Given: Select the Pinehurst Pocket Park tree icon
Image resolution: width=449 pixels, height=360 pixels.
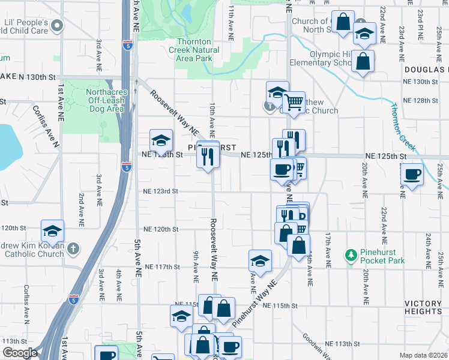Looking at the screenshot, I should (x=352, y=255).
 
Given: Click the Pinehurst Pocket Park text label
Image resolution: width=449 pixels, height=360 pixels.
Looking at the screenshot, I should (x=382, y=256).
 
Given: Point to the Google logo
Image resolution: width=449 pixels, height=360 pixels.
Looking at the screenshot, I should (x=20, y=353).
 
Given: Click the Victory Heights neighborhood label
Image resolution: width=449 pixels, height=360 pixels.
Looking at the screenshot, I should (x=423, y=307).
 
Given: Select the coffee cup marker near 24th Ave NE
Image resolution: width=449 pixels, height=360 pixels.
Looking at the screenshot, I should (x=412, y=175).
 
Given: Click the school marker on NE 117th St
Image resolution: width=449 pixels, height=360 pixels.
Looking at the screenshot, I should (x=260, y=261).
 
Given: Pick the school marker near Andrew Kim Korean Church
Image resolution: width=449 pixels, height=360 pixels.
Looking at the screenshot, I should (x=52, y=231).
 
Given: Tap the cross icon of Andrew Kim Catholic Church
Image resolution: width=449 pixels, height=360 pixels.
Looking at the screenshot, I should (x=73, y=247).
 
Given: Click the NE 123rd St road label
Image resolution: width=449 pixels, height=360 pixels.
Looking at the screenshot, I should (x=161, y=191).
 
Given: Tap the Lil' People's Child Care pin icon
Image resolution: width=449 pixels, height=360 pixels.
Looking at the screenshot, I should (x=57, y=25).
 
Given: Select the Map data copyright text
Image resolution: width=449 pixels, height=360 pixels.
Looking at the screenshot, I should (x=423, y=355).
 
